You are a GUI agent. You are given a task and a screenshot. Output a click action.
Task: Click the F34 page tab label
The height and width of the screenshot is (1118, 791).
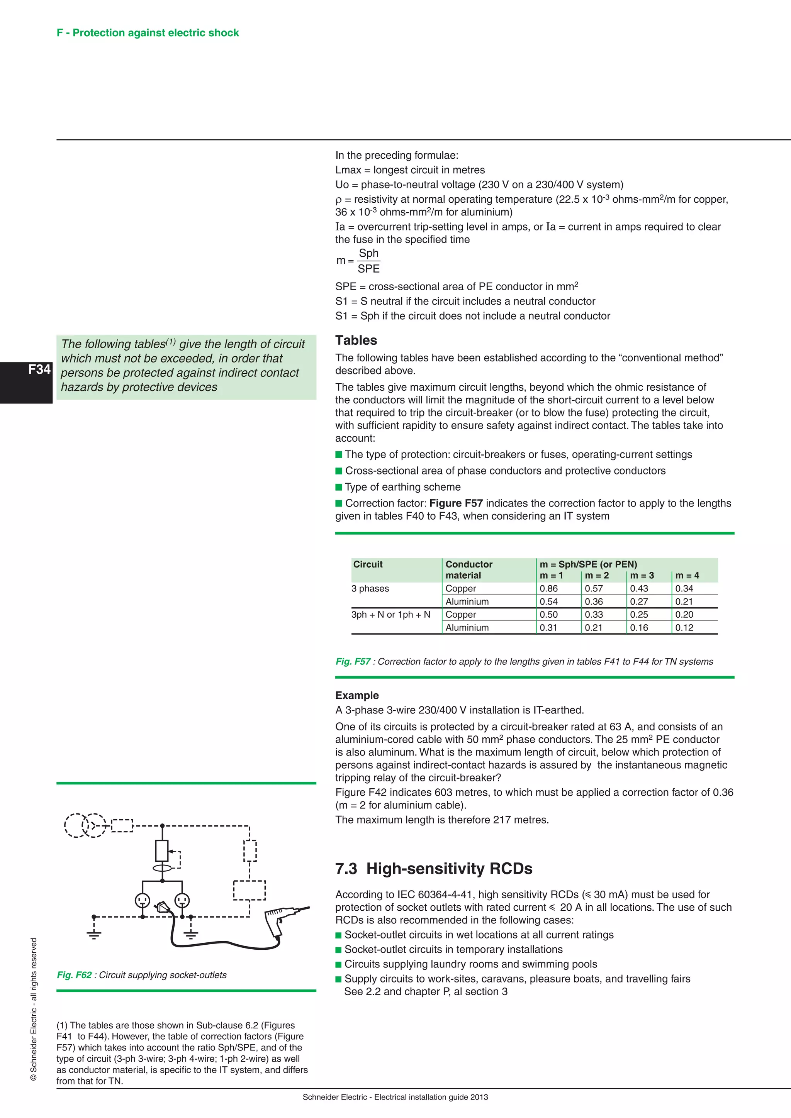coord(39,369)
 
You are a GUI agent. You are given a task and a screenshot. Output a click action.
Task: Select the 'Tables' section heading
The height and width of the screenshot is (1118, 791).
coord(356,340)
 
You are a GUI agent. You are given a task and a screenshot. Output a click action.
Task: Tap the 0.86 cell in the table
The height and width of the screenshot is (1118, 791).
coord(548,589)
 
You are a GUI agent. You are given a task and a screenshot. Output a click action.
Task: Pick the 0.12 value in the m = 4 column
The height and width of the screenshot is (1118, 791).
coord(684,628)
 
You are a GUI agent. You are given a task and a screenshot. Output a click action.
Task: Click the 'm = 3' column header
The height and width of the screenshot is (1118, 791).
coord(642,576)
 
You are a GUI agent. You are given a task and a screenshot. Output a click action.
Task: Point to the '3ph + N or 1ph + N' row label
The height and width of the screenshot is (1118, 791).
coord(390,615)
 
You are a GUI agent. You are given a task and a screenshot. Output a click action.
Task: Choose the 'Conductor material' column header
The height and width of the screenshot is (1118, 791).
coord(468,570)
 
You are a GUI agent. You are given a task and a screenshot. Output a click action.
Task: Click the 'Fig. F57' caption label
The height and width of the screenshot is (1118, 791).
coord(353,662)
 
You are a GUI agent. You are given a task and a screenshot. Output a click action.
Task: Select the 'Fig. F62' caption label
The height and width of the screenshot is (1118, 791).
coord(74,975)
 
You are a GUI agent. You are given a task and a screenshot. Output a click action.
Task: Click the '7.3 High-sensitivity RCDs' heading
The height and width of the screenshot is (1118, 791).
coord(433,869)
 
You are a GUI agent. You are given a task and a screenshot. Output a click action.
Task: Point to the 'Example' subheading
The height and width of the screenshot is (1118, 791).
coord(356,695)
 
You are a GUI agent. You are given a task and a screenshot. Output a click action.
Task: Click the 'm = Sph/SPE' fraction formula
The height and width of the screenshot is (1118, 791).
coord(358,261)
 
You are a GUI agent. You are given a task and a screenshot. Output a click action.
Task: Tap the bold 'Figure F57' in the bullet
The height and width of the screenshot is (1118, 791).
coord(456,503)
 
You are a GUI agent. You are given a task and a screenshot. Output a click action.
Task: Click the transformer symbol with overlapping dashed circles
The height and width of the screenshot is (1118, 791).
coord(85,825)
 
